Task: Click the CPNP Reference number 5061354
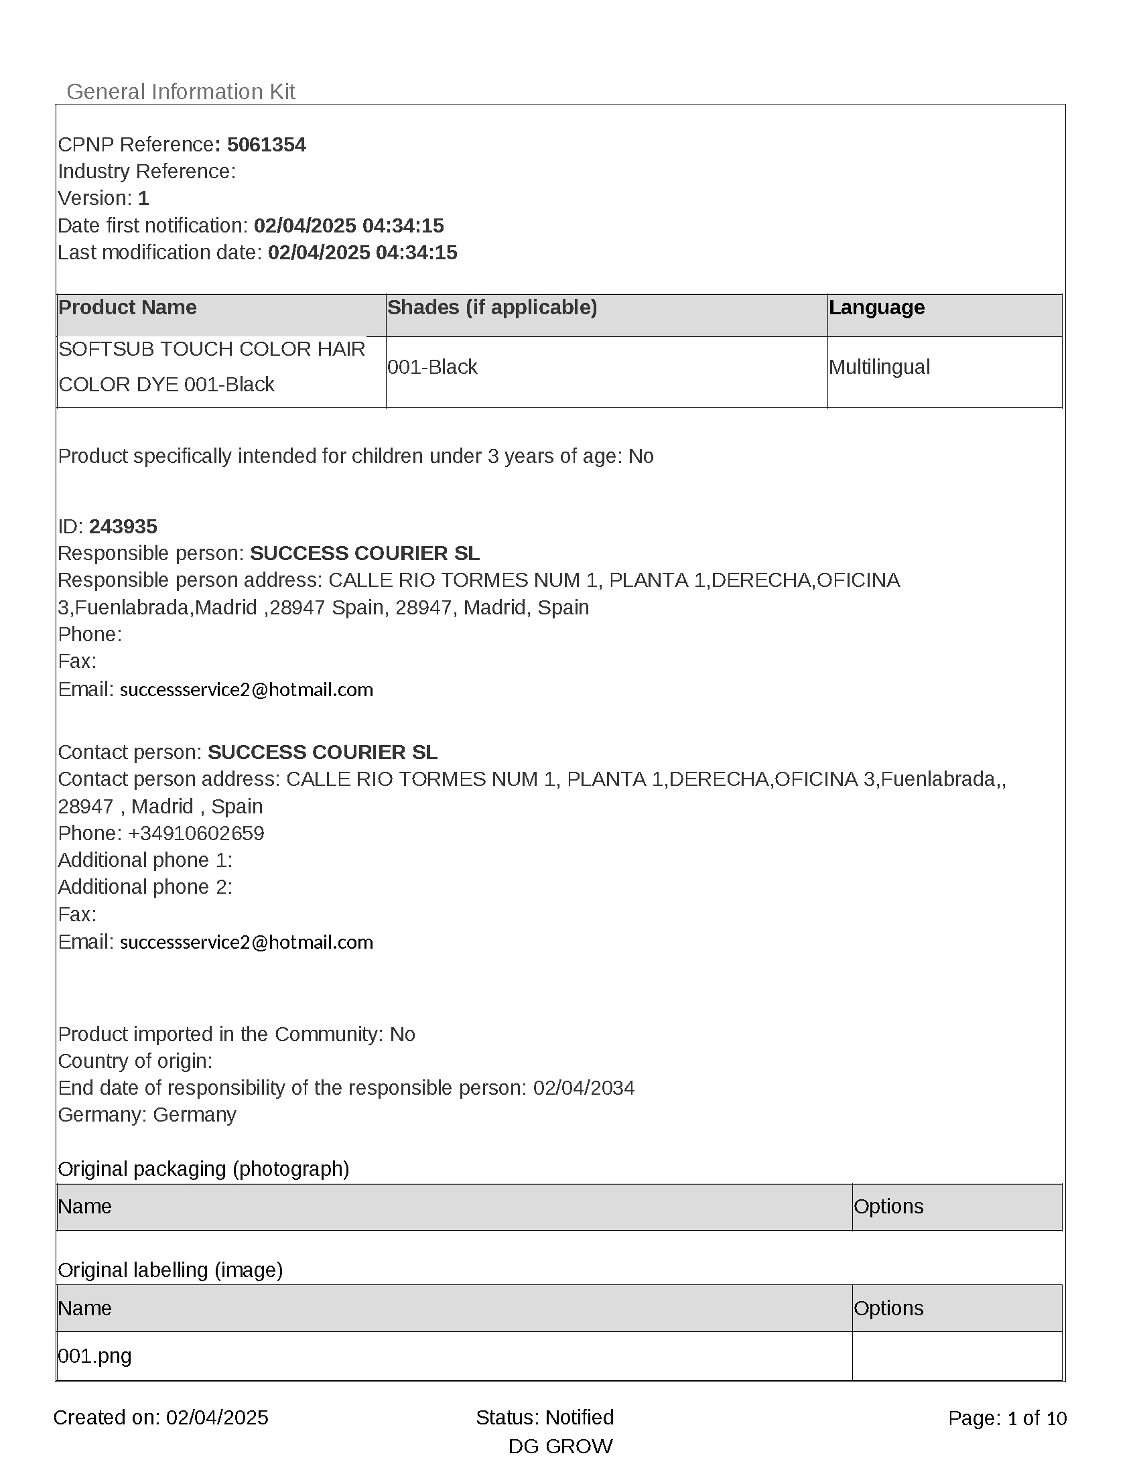266,145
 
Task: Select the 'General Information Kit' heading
180,92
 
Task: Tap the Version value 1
143,198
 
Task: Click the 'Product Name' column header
127,308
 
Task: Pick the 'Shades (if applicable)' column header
492,308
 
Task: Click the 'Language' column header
876,308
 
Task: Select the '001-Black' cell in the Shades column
432,367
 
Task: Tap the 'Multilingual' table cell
879,367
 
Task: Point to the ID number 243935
123,527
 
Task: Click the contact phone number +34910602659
196,833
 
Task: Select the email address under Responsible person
247,689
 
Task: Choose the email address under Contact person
247,942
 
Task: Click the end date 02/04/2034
584,1088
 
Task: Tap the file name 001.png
94,1356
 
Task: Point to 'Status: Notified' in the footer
545,1417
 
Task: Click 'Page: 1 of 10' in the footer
1008,1418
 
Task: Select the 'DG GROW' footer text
560,1447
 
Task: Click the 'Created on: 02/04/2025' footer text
161,1417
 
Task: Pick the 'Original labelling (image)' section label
170,1270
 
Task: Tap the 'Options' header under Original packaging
888,1207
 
